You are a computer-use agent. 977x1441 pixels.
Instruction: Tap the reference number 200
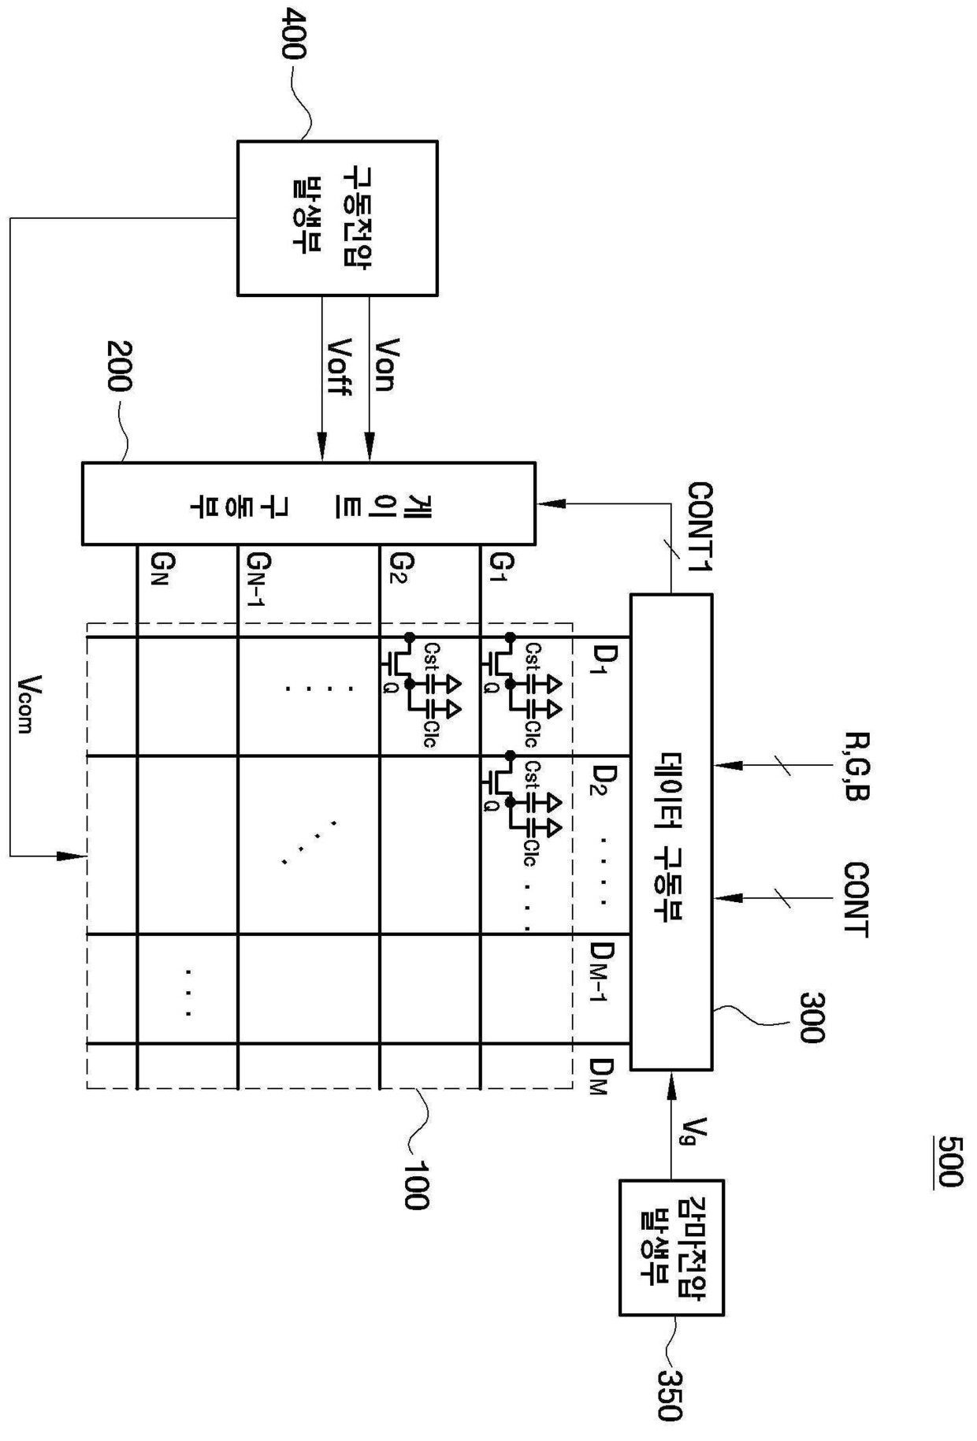119,366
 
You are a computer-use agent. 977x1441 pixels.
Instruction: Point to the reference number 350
670,1395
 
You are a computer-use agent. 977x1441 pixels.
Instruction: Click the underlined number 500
950,1161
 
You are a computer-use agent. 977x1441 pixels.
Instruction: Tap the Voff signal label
339,367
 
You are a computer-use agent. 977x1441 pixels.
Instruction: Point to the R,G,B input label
856,767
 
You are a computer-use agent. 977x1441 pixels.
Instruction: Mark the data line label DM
600,1077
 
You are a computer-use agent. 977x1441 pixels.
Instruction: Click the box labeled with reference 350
671,1247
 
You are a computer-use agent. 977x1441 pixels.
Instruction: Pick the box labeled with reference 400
337,218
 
